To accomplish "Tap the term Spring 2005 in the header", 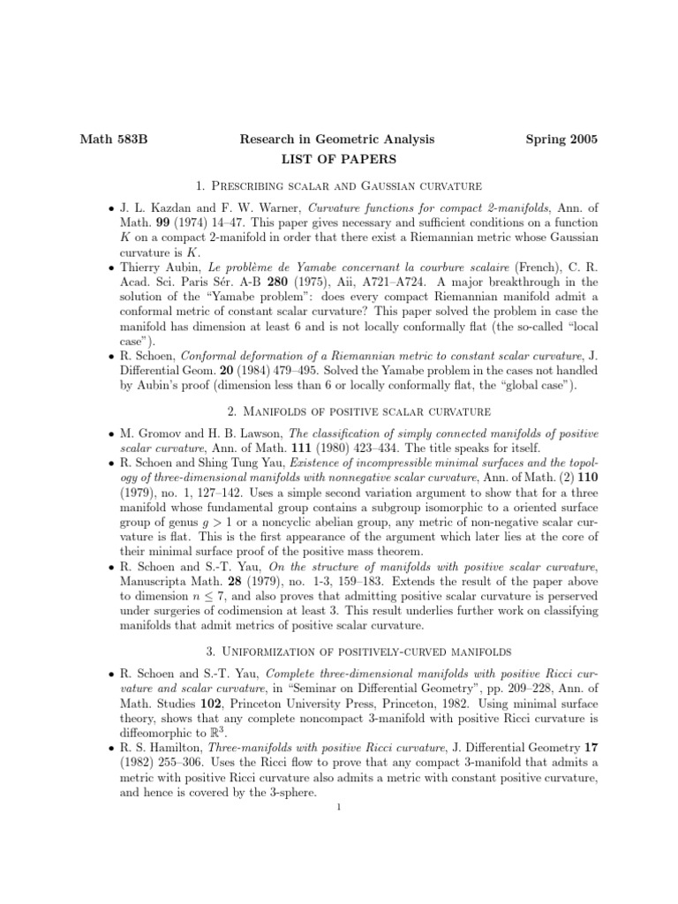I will click(x=561, y=139).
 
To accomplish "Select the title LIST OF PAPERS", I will click(x=338, y=160).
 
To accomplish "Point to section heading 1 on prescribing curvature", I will click(x=338, y=186).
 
